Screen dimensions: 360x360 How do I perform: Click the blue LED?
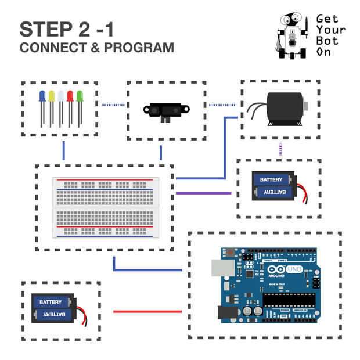(x=42, y=96)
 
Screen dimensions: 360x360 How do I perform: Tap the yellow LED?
(x=51, y=96)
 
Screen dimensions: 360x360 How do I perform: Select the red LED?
(x=70, y=96)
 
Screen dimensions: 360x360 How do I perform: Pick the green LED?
(x=80, y=96)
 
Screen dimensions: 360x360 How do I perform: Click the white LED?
(x=60, y=96)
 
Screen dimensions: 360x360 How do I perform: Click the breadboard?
(x=105, y=207)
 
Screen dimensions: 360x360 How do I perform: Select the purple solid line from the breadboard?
(x=203, y=193)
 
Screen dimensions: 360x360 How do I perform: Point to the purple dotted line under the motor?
(x=280, y=149)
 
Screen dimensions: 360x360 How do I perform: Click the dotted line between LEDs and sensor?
(x=114, y=105)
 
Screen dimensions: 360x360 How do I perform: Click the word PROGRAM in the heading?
(x=138, y=48)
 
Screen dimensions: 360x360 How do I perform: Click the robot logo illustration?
(x=294, y=35)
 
